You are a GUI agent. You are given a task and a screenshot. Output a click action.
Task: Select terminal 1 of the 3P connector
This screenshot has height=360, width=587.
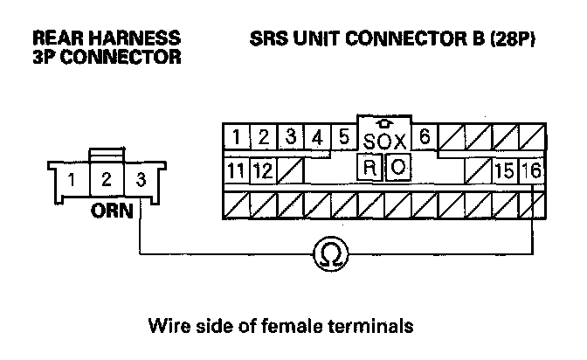75,182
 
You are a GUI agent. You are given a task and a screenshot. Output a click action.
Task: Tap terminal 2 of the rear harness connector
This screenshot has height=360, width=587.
106,182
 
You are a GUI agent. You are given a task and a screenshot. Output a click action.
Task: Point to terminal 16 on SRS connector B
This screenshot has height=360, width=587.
531,169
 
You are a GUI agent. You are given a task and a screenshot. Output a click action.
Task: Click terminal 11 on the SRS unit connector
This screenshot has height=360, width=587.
234,169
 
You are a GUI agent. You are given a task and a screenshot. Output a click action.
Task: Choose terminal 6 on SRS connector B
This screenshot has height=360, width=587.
424,137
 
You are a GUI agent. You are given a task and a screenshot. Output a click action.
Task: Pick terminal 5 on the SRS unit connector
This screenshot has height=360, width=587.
343,137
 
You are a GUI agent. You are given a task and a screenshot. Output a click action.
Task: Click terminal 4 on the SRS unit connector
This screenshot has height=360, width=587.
318,137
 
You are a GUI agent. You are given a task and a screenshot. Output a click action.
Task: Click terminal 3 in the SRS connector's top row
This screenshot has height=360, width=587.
293,137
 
